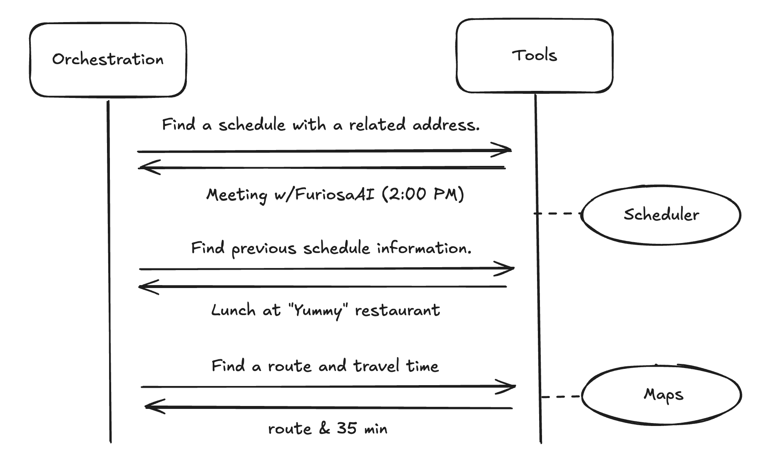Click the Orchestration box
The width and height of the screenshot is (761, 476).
[x=108, y=60]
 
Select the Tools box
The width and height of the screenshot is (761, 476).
[x=534, y=55]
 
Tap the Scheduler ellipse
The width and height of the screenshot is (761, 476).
[x=661, y=215]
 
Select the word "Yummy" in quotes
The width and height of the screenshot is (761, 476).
[x=318, y=311]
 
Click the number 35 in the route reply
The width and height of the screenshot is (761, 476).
[x=347, y=428]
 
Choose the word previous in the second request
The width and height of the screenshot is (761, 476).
[x=264, y=248]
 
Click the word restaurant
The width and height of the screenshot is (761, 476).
[x=397, y=311]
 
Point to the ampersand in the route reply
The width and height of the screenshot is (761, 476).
[x=324, y=428]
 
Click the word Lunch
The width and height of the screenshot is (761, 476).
[x=233, y=310]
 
